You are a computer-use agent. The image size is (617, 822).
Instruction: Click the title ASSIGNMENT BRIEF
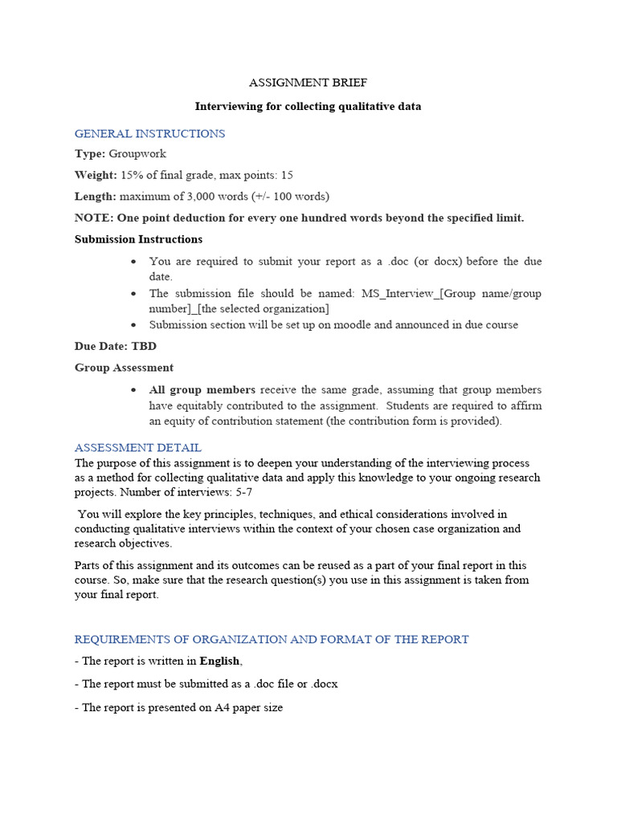click(x=308, y=83)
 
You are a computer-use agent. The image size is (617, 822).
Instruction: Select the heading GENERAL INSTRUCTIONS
click(x=149, y=133)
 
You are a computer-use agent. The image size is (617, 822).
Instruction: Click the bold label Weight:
click(x=95, y=175)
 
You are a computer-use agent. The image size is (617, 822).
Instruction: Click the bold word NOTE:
click(x=94, y=218)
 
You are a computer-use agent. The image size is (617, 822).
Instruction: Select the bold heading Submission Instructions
click(x=138, y=239)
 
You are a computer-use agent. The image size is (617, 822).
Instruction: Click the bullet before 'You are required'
click(x=133, y=262)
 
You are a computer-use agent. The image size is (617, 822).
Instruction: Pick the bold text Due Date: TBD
click(x=116, y=347)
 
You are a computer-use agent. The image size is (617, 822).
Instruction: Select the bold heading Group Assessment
click(x=124, y=368)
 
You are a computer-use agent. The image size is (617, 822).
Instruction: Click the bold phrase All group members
click(x=202, y=389)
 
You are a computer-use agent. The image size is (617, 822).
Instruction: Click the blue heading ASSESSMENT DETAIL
click(x=137, y=448)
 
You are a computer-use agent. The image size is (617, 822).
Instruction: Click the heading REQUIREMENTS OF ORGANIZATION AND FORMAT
click(x=272, y=640)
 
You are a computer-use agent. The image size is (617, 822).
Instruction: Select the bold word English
click(x=219, y=661)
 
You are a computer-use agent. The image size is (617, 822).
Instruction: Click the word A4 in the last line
click(x=223, y=710)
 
